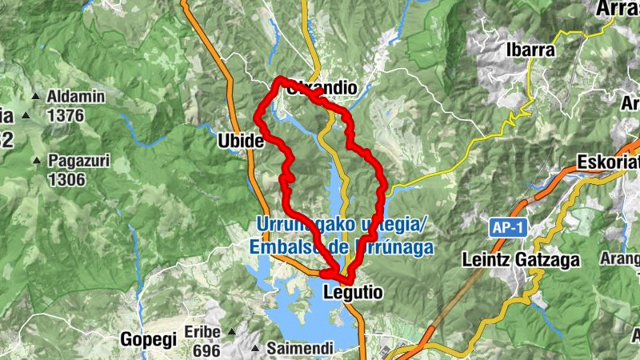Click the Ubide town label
[x=240, y=141]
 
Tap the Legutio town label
[x=352, y=294]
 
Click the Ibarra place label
[x=530, y=50]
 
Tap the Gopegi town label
[x=148, y=339]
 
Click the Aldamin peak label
[x=76, y=97]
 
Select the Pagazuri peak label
[x=78, y=161]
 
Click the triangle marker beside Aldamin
[x=35, y=98]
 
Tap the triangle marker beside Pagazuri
[x=36, y=162]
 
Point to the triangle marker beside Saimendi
[x=254, y=349]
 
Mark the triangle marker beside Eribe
[x=231, y=331]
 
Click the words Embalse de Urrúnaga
[x=342, y=248]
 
